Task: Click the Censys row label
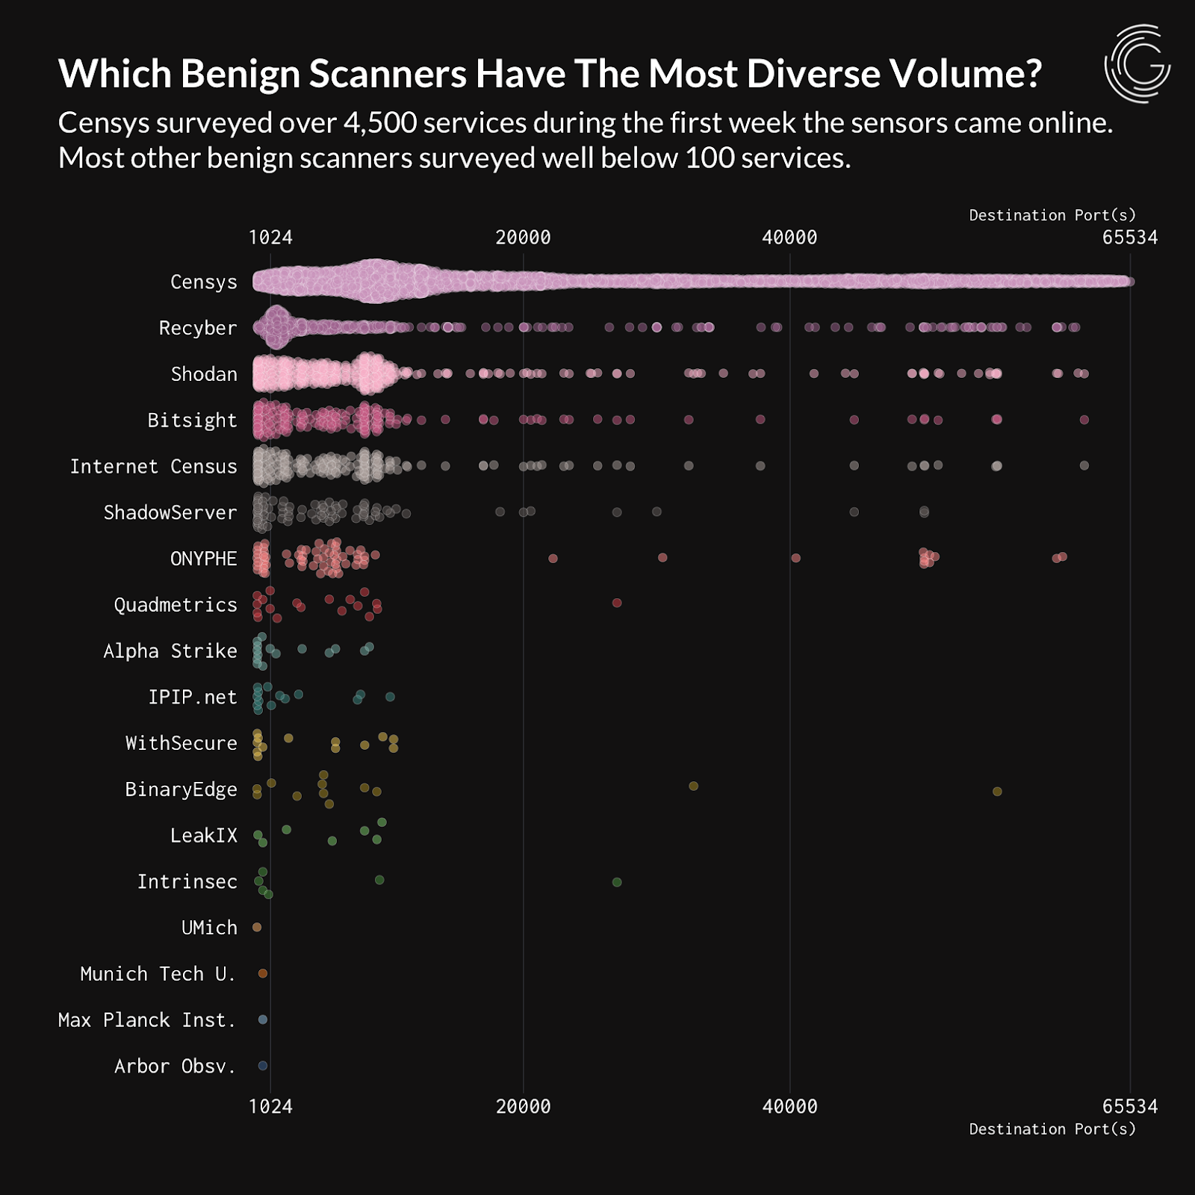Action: (203, 282)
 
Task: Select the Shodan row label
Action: (203, 374)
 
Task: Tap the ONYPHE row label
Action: (203, 559)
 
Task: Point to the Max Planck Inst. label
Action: (146, 1020)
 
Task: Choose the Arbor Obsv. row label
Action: (175, 1067)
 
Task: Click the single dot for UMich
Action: (257, 927)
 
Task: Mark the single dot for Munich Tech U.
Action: (263, 973)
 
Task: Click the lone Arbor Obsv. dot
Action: (263, 1066)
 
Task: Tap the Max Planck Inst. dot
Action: (263, 1019)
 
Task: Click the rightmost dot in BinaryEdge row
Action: (997, 791)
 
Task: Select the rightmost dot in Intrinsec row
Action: (617, 882)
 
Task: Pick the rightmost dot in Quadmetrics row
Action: (617, 603)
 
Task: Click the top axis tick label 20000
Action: (523, 238)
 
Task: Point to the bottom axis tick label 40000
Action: (789, 1106)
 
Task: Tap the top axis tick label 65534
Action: (1129, 238)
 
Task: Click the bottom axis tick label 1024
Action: (270, 1106)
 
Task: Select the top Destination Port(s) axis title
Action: (1052, 215)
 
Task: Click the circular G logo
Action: (1137, 63)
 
